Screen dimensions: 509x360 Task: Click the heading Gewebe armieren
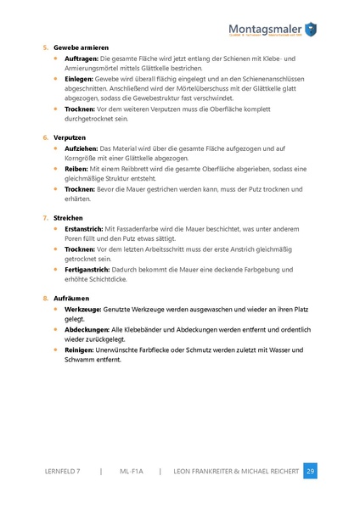(81, 47)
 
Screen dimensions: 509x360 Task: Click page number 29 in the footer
(310, 471)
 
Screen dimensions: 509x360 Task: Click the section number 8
(45, 299)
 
